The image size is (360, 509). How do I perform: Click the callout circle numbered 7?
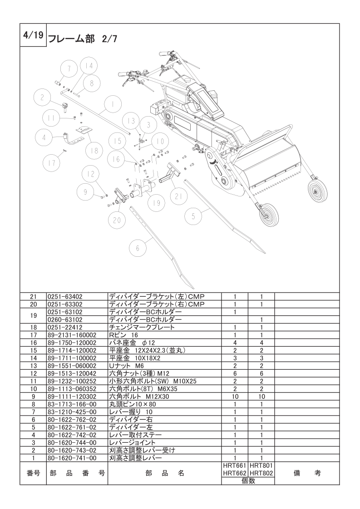pos(69,69)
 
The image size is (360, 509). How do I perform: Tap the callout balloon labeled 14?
pos(89,66)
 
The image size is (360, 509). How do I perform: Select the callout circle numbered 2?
pos(42,97)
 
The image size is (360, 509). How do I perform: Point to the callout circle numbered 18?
pos(94,151)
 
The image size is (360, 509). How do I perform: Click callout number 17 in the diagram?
pos(52,162)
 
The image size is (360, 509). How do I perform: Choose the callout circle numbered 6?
pos(138,248)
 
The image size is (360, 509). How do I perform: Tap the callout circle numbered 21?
pos(178,196)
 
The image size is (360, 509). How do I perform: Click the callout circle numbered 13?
pos(131,121)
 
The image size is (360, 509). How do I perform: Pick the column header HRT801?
pos(261,465)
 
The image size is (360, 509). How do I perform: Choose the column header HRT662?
pos(234,473)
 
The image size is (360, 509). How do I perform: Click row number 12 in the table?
pos(33,373)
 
